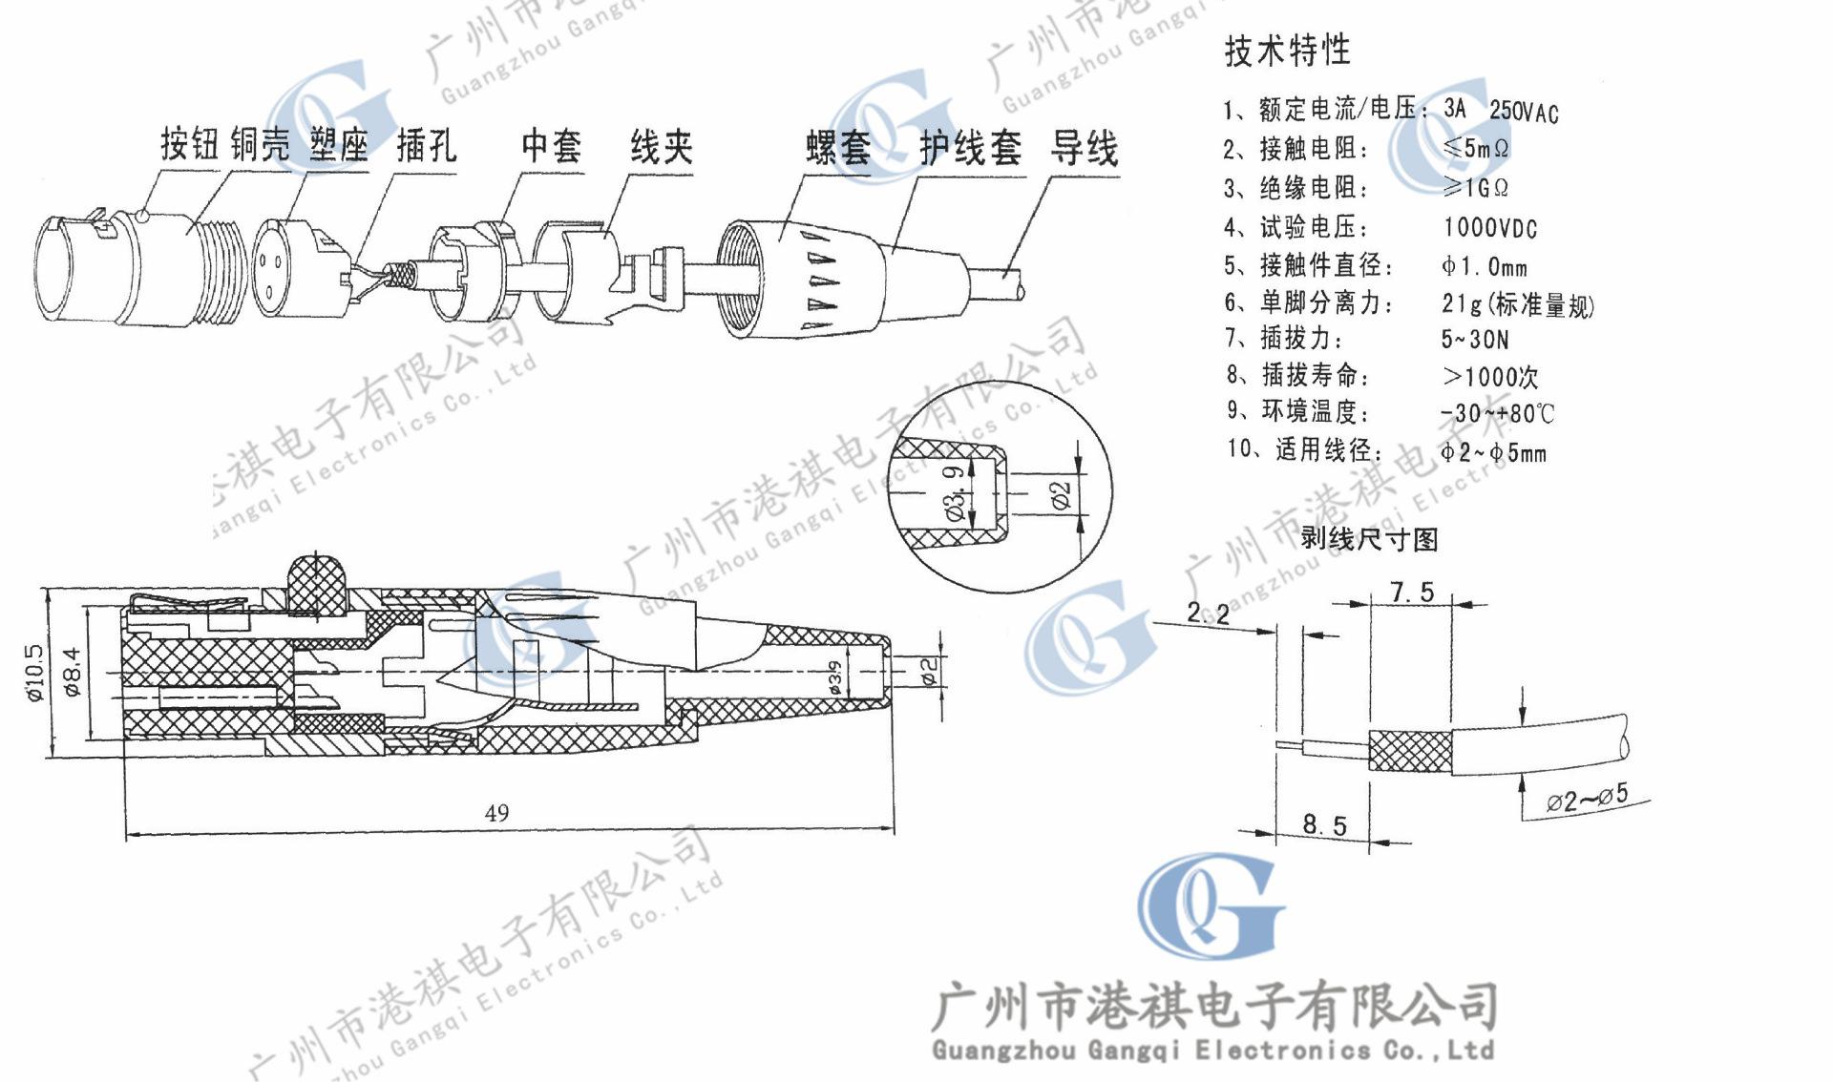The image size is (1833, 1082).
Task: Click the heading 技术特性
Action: (1287, 50)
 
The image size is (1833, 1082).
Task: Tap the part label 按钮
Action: (190, 145)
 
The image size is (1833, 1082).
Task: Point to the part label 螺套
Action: (837, 148)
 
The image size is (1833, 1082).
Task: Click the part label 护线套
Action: (970, 149)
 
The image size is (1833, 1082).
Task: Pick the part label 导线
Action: (1084, 149)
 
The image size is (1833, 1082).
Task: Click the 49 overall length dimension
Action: (496, 813)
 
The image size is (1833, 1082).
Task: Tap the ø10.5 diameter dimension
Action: (35, 673)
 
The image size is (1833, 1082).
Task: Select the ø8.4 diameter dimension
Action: (73, 672)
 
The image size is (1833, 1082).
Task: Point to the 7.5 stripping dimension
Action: (1412, 593)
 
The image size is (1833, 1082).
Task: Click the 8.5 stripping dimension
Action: (1325, 824)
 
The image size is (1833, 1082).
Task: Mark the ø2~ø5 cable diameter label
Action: (1587, 798)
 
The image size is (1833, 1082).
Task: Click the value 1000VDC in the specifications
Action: (1489, 228)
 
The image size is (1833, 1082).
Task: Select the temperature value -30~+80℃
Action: (1497, 413)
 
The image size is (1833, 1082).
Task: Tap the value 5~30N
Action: (1475, 339)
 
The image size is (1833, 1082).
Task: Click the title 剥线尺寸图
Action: (1368, 539)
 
